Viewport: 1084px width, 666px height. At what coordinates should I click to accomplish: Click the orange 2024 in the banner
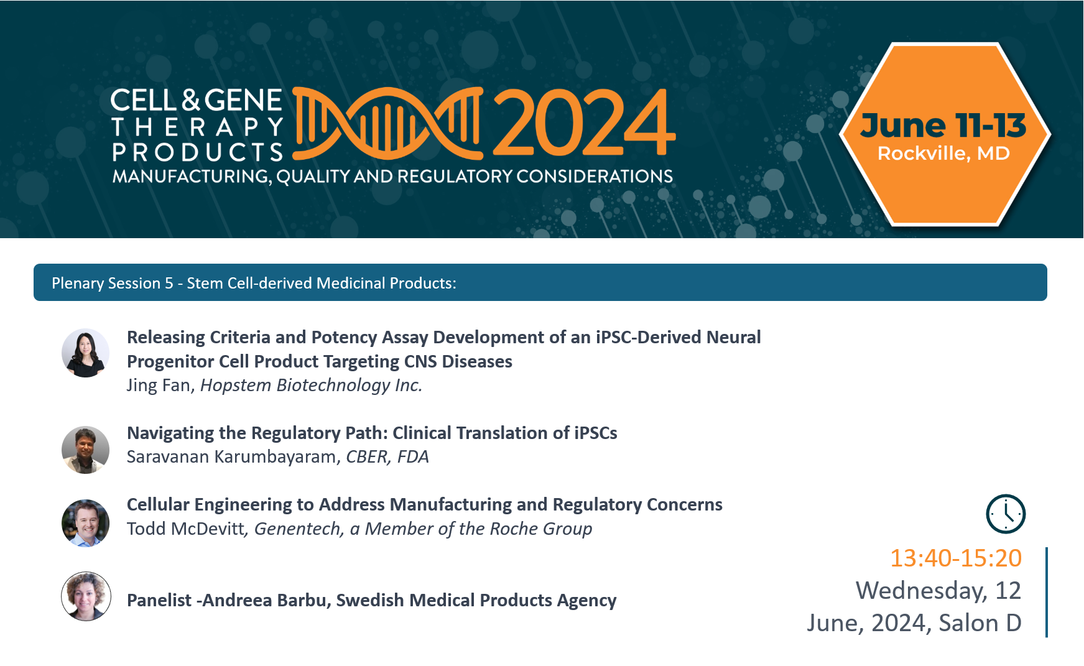(x=584, y=122)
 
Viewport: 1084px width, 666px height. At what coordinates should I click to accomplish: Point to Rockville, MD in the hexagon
(x=943, y=153)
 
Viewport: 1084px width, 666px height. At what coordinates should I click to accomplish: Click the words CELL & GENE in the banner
(x=197, y=100)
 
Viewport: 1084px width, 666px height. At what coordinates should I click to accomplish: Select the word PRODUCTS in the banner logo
(x=198, y=152)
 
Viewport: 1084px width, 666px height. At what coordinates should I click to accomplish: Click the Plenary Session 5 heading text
(x=254, y=283)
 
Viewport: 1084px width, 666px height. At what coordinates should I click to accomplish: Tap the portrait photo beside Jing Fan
(x=86, y=353)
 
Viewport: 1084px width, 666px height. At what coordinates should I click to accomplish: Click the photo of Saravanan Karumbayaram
(x=86, y=450)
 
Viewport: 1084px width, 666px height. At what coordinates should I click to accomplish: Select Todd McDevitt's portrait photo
(x=86, y=523)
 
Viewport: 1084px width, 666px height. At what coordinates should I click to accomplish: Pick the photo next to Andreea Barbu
(x=86, y=596)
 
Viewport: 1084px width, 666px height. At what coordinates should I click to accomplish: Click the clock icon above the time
(x=1006, y=514)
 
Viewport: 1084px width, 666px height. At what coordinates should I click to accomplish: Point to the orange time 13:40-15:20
(x=956, y=558)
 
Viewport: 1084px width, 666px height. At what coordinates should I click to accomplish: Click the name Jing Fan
(x=160, y=386)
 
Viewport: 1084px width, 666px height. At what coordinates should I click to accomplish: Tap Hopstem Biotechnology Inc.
(x=312, y=386)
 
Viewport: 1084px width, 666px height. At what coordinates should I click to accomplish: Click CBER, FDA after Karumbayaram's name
(x=387, y=457)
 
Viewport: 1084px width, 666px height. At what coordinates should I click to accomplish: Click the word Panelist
(x=159, y=600)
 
